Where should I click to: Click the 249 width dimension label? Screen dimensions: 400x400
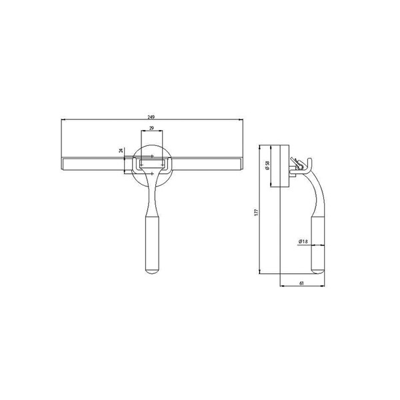tap(152, 116)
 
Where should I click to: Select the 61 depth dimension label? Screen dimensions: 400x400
tap(302, 283)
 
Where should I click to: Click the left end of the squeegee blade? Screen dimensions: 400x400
tap(63, 163)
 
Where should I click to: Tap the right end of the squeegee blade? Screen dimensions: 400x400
tap(241, 163)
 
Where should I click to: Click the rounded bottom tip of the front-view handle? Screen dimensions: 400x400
tap(152, 271)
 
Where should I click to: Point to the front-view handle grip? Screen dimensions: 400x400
tap(152, 243)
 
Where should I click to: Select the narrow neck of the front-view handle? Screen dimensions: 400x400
tap(152, 197)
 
